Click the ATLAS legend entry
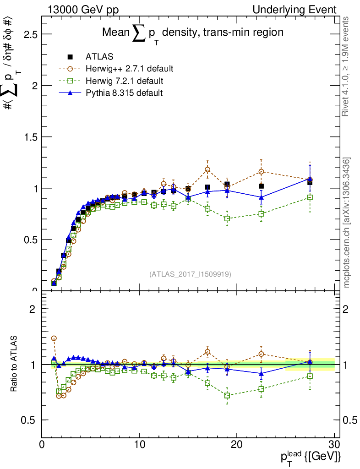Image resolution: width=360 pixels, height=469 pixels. [99, 57]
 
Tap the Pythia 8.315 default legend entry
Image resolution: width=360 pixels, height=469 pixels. [124, 93]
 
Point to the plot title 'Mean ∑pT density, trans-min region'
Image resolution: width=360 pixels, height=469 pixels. [192, 33]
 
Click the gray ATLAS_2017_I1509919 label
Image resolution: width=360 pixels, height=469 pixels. [190, 274]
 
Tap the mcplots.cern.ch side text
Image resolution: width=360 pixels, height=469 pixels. [347, 223]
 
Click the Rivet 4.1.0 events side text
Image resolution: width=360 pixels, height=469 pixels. [347, 67]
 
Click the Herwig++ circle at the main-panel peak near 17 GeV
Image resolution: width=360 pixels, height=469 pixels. [207, 169]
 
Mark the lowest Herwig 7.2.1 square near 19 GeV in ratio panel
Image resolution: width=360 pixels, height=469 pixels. [227, 395]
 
